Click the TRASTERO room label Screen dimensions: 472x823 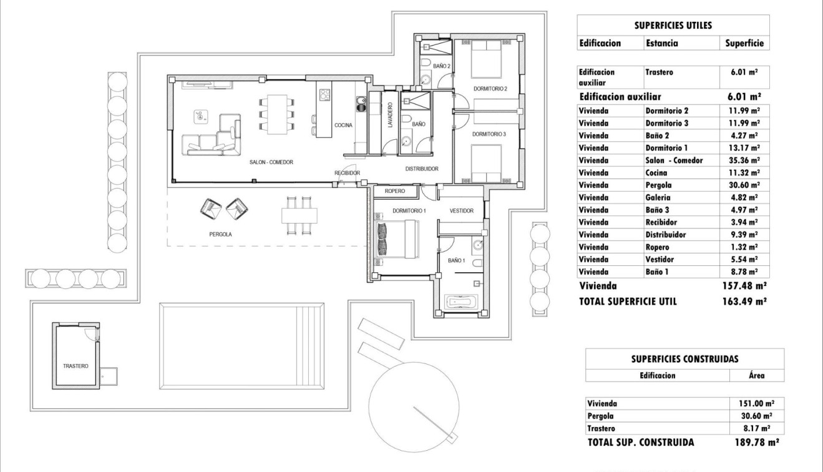(75, 366)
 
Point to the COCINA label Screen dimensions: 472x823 (343, 125)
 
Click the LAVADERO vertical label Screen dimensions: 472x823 (389, 116)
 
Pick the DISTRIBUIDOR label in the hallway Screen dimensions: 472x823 (422, 169)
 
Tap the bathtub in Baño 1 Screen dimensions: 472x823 (462, 303)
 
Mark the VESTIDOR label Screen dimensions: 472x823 (462, 211)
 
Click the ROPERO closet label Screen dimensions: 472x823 (395, 191)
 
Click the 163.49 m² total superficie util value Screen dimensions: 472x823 (744, 301)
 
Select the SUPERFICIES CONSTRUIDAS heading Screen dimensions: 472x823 (684, 359)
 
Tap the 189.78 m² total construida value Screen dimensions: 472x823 (756, 443)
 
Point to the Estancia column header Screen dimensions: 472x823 (661, 44)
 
